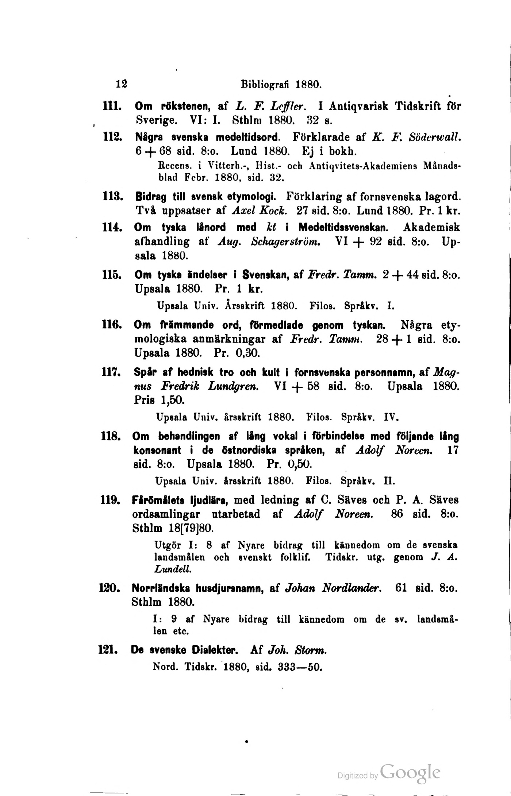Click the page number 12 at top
click(122, 84)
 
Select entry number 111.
click(110, 106)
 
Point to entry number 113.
click(111, 197)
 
